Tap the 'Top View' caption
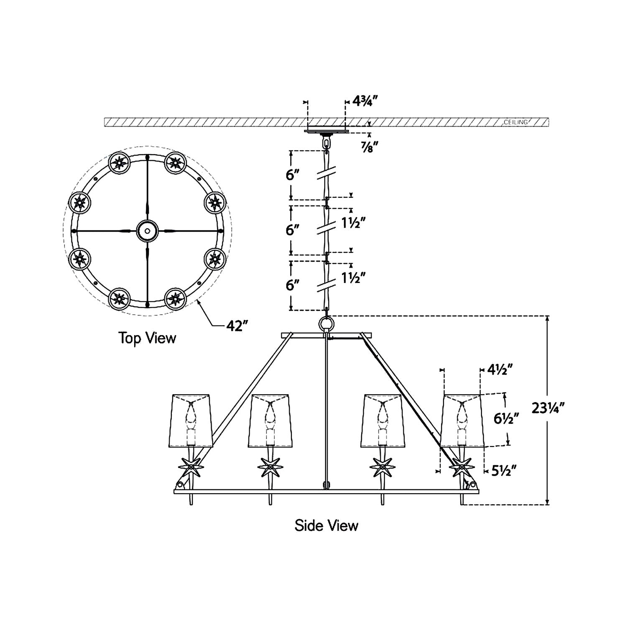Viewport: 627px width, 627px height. (x=147, y=337)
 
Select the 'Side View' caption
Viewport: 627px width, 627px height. (x=326, y=525)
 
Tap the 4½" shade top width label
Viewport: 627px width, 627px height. (x=500, y=370)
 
